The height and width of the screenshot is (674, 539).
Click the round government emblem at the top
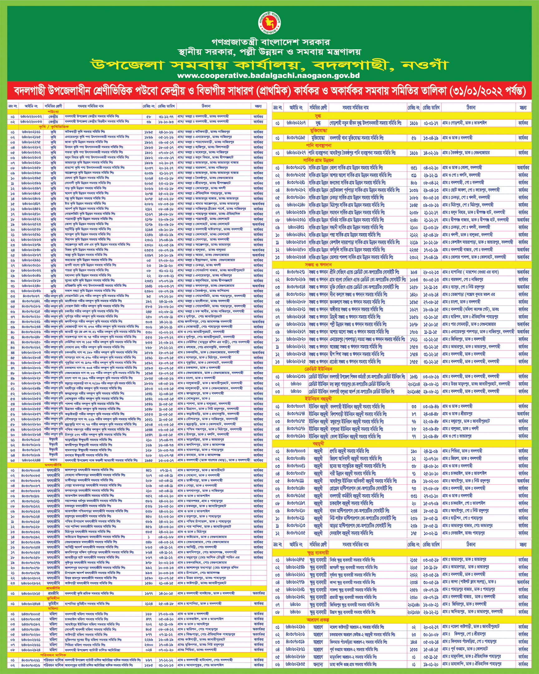pyautogui.click(x=269, y=23)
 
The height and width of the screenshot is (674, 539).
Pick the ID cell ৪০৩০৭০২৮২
pyautogui.click(x=296, y=190)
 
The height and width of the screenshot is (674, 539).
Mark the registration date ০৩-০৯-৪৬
pyautogui.click(x=431, y=406)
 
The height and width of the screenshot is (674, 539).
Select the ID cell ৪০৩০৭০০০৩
pyautogui.click(x=296, y=451)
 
